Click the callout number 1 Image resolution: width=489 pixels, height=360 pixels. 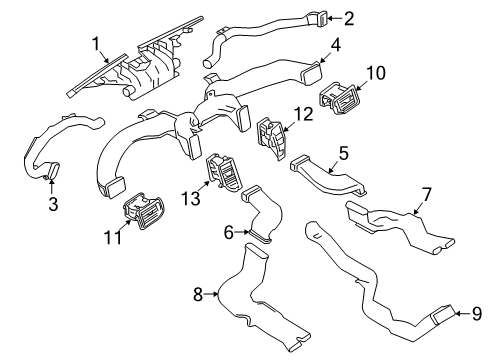point(96,44)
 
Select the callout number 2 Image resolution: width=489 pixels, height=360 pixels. point(349,17)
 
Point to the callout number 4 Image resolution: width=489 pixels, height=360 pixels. point(336,45)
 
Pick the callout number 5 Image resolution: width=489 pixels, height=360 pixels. point(342,153)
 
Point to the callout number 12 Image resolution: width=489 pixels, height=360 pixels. point(302,114)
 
